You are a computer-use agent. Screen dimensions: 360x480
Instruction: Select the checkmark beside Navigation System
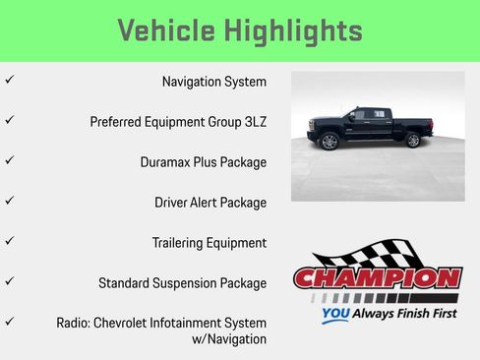[x=9, y=79]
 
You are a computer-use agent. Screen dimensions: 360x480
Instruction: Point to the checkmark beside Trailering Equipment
[x=9, y=240]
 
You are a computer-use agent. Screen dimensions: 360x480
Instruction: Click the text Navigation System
[x=213, y=82]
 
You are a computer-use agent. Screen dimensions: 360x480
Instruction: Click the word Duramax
[x=168, y=162]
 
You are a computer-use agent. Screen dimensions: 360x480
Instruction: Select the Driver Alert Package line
[x=210, y=203]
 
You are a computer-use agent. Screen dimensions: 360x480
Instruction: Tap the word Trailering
[x=181, y=243]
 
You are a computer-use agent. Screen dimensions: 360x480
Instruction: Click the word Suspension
[x=195, y=283]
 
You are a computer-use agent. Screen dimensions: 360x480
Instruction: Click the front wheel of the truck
[x=330, y=142]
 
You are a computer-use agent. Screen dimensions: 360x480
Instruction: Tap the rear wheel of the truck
[x=413, y=141]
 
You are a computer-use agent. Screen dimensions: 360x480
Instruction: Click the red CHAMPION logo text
[x=378, y=279]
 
